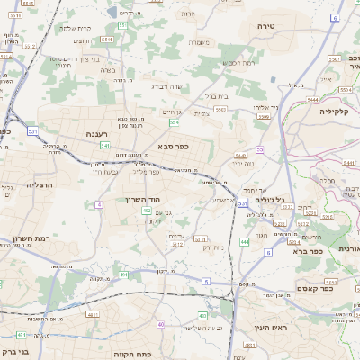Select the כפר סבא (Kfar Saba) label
point(171,145)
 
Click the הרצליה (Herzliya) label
point(41,184)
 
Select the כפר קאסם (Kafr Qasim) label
point(315,288)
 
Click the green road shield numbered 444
point(245,241)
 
